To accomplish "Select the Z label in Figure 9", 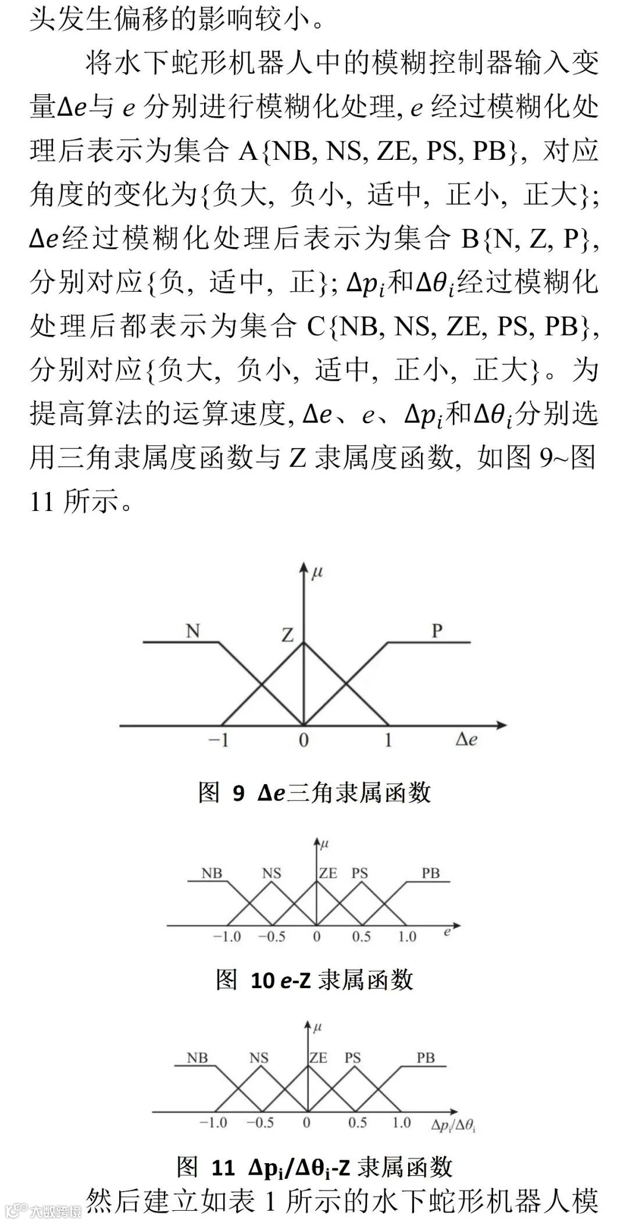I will [287, 635].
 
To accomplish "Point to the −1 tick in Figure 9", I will [217, 741].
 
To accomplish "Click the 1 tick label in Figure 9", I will [388, 741].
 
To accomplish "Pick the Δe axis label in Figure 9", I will [466, 740].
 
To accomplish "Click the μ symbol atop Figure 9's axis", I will [317, 573].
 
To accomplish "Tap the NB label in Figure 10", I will [212, 873].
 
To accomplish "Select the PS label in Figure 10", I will [360, 873].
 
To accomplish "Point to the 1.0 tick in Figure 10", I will [407, 936].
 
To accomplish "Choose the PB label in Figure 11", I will [426, 1057].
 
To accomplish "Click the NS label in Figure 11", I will [259, 1057].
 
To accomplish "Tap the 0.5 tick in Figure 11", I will [357, 1122].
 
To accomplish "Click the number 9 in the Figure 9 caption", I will [238, 793].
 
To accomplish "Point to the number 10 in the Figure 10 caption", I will [262, 980].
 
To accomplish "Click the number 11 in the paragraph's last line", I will [41, 501].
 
